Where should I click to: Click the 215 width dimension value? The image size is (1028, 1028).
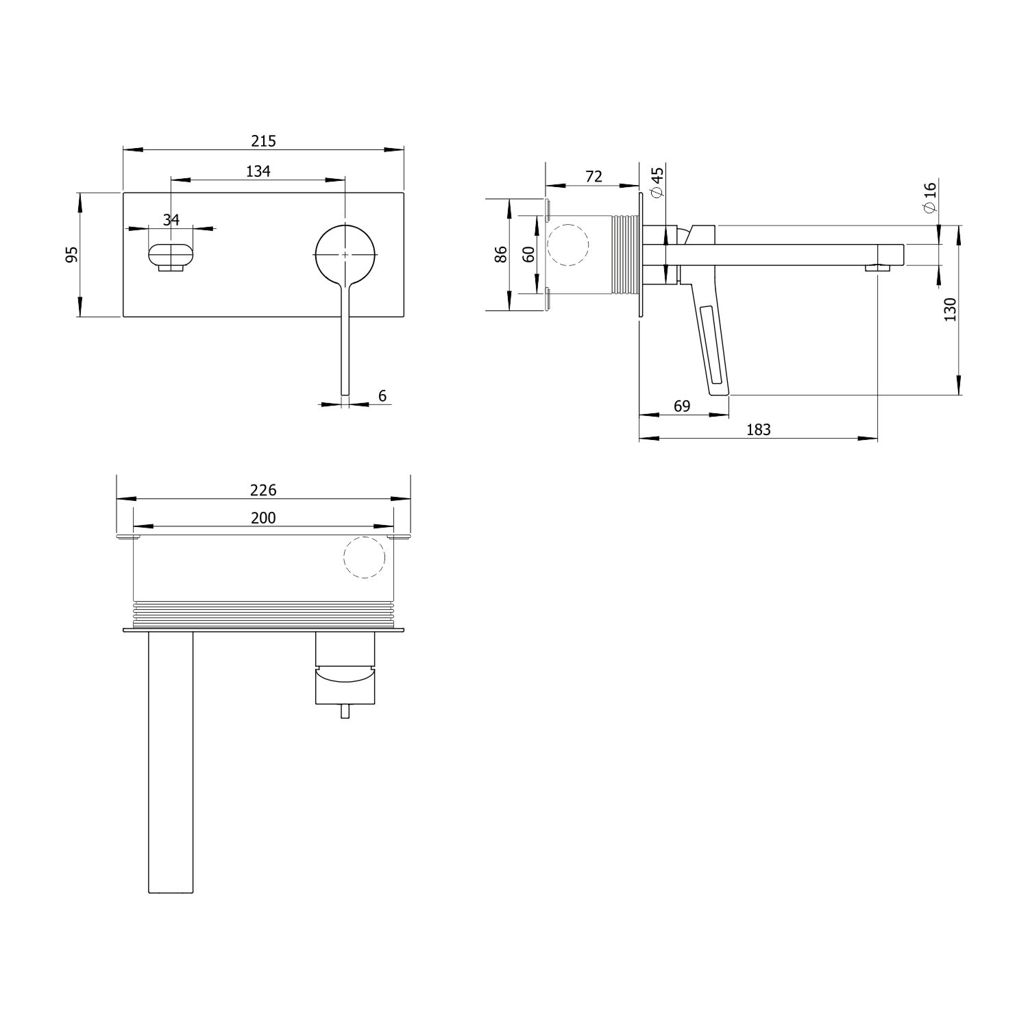[x=263, y=141]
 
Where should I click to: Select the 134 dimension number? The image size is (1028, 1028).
[x=258, y=171]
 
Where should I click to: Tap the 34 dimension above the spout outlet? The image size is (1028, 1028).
[x=171, y=219]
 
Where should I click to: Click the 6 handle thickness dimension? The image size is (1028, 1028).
[x=382, y=395]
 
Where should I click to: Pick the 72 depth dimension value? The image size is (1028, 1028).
[x=593, y=176]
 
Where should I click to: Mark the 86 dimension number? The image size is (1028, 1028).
[x=501, y=254]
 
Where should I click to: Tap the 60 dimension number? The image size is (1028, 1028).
[x=528, y=254]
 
